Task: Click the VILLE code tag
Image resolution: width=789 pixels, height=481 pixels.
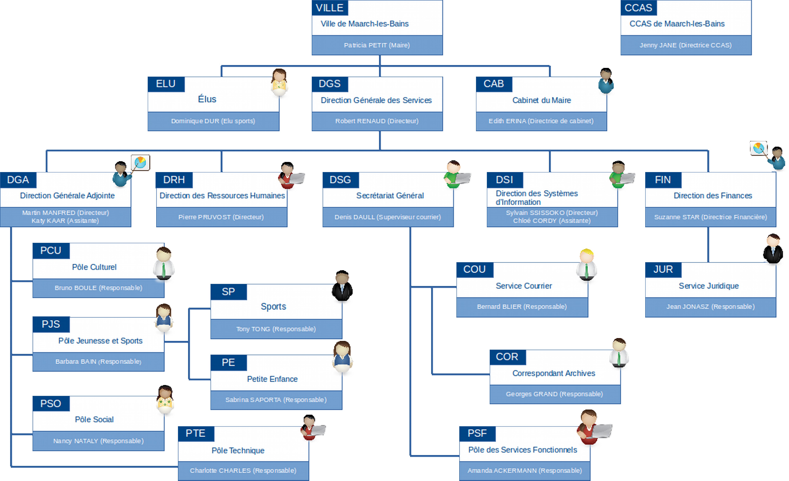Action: [330, 8]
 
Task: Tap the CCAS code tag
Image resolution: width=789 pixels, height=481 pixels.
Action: [638, 8]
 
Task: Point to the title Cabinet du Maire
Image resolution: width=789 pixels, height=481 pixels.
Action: [541, 100]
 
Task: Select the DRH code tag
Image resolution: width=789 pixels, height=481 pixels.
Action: [174, 180]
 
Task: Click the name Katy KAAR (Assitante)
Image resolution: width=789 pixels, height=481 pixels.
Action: [65, 221]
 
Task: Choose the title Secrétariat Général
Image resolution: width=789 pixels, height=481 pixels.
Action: [390, 195]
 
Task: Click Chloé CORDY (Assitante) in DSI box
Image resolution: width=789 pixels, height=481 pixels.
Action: [552, 221]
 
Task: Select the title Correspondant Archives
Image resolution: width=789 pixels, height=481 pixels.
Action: [554, 373]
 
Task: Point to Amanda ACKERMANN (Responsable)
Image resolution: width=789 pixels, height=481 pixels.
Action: [525, 471]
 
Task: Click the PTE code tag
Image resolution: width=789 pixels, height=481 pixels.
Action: [195, 433]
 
